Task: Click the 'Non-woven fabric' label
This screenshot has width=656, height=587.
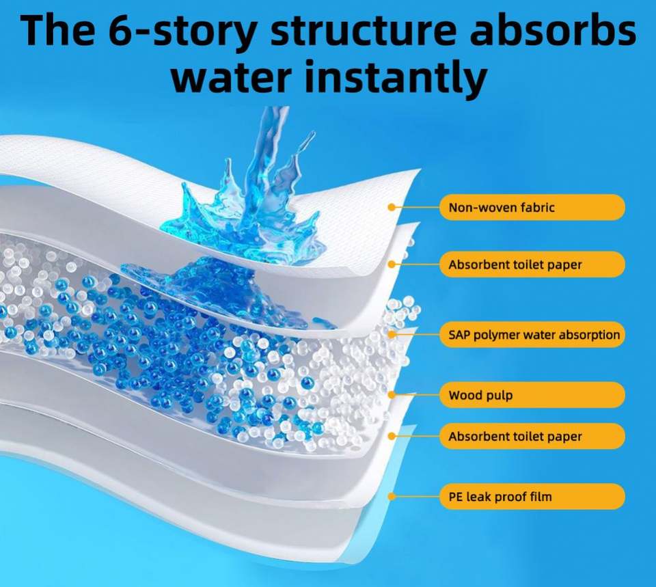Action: pyautogui.click(x=532, y=207)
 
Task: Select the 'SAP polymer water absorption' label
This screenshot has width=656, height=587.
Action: pyautogui.click(x=532, y=335)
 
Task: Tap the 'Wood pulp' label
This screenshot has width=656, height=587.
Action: pyautogui.click(x=532, y=395)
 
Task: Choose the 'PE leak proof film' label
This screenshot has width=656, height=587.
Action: pyautogui.click(x=532, y=497)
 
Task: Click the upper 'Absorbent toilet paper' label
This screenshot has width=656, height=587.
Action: pyautogui.click(x=532, y=264)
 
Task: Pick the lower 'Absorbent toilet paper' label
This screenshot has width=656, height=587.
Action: pyautogui.click(x=532, y=437)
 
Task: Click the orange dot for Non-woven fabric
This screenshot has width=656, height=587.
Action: pyautogui.click(x=392, y=207)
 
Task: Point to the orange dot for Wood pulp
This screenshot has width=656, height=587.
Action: pyautogui.click(x=392, y=394)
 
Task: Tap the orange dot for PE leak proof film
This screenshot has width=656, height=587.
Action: pyautogui.click(x=392, y=497)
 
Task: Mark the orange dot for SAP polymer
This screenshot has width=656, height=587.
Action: pyautogui.click(x=392, y=335)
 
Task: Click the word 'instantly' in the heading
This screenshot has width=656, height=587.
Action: pyautogui.click(x=396, y=77)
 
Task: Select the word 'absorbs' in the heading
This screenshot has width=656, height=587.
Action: pyautogui.click(x=553, y=30)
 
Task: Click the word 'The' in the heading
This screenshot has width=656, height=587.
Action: pyautogui.click(x=57, y=30)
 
